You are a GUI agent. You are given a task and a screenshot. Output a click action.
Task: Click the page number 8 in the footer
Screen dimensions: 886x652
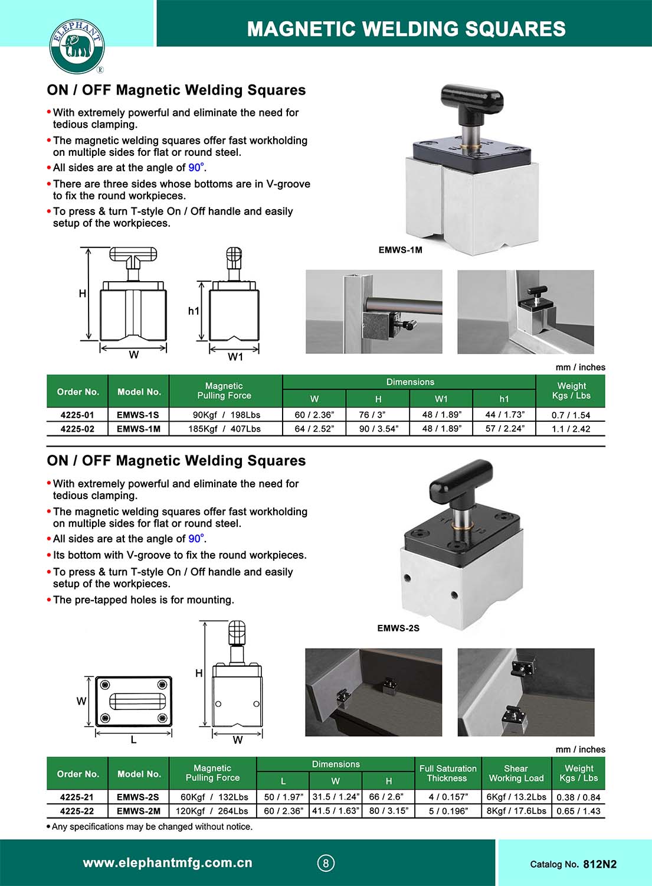325,863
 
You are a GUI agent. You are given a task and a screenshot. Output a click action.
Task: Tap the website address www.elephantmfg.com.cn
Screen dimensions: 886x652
168,863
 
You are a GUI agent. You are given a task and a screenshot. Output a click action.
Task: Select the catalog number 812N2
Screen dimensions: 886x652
599,864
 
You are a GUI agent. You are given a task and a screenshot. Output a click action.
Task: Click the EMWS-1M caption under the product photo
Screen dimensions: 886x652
400,250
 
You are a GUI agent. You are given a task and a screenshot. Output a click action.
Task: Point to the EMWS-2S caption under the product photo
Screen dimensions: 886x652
398,628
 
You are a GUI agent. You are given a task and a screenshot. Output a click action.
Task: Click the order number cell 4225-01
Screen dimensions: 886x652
77,415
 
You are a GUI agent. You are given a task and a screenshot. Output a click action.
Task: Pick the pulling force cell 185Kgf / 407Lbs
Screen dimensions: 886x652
224,429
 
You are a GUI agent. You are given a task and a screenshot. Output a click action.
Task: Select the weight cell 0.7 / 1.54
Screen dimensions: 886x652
571,415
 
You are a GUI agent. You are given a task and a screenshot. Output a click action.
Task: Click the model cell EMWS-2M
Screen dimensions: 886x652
138,811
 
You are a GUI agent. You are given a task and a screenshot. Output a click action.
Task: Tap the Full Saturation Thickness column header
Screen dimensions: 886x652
448,773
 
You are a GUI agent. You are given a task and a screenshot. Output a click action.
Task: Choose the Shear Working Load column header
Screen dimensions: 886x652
516,773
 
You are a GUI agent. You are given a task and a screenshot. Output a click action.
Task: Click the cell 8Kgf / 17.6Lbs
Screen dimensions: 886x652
516,811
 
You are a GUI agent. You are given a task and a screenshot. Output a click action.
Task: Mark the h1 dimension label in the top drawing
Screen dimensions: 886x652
194,311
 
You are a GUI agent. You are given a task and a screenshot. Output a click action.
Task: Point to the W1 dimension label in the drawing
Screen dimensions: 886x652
235,357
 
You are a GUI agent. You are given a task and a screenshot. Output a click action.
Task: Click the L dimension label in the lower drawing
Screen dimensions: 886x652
133,740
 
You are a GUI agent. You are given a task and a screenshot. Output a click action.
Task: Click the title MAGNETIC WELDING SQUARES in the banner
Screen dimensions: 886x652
406,28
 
